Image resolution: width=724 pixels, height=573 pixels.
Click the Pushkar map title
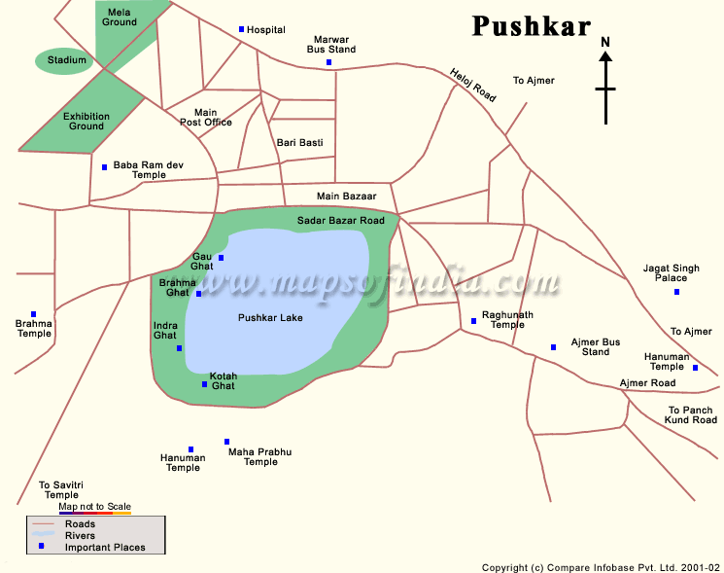[532, 26]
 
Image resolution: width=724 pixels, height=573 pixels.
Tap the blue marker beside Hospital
[242, 29]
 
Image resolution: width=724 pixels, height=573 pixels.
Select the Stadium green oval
[66, 61]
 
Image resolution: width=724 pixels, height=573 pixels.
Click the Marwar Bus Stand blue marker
[328, 63]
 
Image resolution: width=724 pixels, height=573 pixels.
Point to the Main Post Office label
[206, 118]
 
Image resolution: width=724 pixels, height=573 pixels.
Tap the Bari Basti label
[299, 143]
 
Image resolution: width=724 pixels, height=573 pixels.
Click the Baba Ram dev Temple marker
[105, 166]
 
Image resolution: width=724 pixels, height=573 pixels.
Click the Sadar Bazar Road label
[341, 221]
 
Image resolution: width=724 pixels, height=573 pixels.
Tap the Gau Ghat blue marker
[222, 258]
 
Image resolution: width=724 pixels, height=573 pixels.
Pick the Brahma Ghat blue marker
[199, 294]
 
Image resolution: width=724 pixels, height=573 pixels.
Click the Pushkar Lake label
[270, 318]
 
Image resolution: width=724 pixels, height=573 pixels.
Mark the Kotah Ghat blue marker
[204, 384]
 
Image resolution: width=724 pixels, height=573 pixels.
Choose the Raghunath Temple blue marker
[474, 320]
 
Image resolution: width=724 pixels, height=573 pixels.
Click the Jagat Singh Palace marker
[677, 292]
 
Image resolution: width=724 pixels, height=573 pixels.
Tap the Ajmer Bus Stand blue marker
[553, 347]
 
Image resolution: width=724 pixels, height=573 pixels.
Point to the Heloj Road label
[472, 86]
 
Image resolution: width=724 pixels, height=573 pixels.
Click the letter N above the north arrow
[605, 42]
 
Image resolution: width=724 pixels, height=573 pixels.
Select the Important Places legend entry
[105, 548]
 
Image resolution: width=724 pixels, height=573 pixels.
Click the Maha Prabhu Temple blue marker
[227, 442]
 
